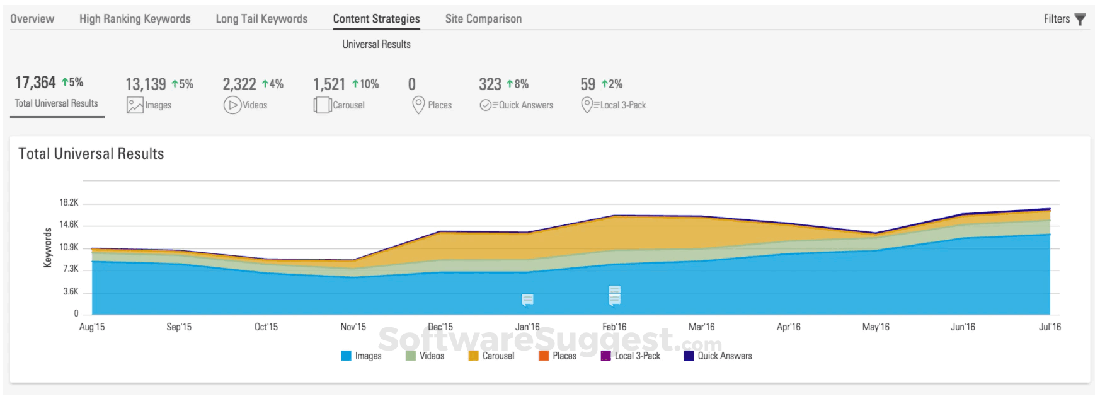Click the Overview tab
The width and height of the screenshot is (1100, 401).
coord(32,19)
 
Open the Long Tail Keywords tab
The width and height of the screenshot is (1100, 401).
coord(261,19)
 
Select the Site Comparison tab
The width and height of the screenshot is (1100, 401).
coord(483,19)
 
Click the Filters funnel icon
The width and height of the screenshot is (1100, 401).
coord(1080,20)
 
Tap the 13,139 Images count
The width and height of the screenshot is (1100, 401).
coord(146,84)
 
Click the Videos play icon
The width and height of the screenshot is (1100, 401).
coord(232,105)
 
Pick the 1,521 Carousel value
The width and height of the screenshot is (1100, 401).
coord(329,84)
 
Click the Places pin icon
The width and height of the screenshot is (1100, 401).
coord(418,105)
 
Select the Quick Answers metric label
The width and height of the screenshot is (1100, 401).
coord(525,105)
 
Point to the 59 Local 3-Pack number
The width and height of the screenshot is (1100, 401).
coord(588,84)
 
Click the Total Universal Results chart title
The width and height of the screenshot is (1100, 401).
coord(91,154)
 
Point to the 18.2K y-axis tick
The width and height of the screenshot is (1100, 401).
coord(69,202)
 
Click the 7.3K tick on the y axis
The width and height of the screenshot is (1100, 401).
coord(71,269)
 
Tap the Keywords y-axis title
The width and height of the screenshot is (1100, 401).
coord(48,248)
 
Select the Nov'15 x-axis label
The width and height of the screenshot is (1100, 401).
coord(353,327)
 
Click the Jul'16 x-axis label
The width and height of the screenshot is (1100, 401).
coord(1050,327)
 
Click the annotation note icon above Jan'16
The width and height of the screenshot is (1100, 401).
coord(527,299)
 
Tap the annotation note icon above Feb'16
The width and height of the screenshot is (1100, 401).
coord(614,295)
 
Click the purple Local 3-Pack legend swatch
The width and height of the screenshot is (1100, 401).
coord(606,356)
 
